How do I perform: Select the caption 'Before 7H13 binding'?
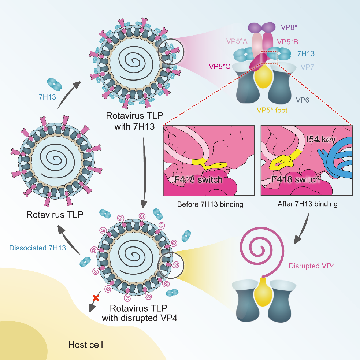tap(210, 204)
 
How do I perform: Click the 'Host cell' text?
tap(86, 345)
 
